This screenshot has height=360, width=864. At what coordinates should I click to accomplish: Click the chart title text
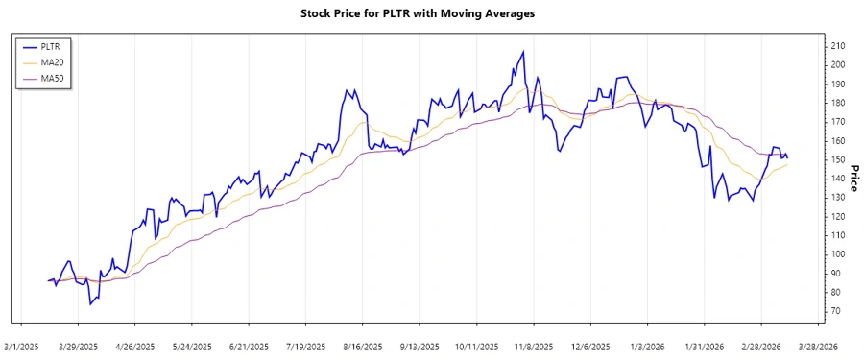[431, 13]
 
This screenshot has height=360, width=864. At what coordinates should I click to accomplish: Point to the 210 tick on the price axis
[837, 46]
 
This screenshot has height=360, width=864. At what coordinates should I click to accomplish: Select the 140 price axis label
[837, 179]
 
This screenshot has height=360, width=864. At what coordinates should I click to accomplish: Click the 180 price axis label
[837, 103]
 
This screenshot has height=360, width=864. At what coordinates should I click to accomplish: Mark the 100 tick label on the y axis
[837, 254]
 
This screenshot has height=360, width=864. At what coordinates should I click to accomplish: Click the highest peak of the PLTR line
[523, 52]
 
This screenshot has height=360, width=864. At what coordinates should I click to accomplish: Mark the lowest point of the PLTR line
[91, 304]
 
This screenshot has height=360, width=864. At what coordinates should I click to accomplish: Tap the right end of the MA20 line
[787, 165]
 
